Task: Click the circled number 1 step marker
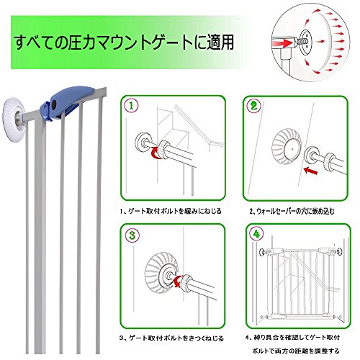tap(132, 106)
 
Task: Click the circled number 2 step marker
tap(253, 106)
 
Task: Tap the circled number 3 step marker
tap(132, 235)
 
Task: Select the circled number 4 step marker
tap(256, 234)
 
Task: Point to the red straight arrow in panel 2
tap(310, 171)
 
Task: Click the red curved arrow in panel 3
tap(178, 281)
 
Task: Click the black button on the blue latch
tap(54, 104)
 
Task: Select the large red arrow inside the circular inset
tap(283, 43)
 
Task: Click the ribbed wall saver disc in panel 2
tap(287, 147)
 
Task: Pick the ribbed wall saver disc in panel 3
tap(161, 273)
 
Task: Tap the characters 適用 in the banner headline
tap(220, 42)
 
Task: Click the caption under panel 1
tap(171, 211)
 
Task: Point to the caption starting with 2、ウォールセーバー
tap(292, 211)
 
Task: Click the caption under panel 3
tap(171, 338)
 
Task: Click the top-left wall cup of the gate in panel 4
tap(262, 252)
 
